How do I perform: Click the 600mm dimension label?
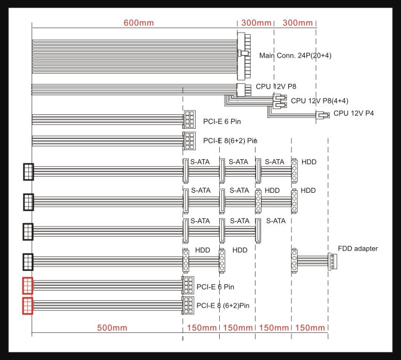tap(138, 23)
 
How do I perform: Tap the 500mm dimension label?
tap(112, 328)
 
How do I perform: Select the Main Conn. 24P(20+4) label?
tap(295, 56)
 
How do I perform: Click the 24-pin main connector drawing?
tap(244, 56)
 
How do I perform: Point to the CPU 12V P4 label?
tap(353, 113)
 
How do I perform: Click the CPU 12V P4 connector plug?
tap(322, 115)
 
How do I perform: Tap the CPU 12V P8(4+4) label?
tap(319, 101)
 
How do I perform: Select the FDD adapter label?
tap(358, 248)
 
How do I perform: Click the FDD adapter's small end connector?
tap(332, 261)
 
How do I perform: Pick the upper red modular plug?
tap(28, 286)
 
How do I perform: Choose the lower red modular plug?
tap(28, 306)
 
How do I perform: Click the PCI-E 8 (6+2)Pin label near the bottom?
tap(223, 306)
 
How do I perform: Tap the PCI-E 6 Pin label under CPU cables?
tap(222, 121)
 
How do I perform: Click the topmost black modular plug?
tap(28, 172)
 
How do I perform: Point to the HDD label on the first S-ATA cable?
tap(309, 162)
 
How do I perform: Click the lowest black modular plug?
tap(28, 262)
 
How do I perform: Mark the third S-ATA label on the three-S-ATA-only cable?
tap(276, 221)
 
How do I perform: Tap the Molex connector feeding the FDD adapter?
tap(295, 261)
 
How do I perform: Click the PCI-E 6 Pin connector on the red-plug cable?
tap(189, 285)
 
